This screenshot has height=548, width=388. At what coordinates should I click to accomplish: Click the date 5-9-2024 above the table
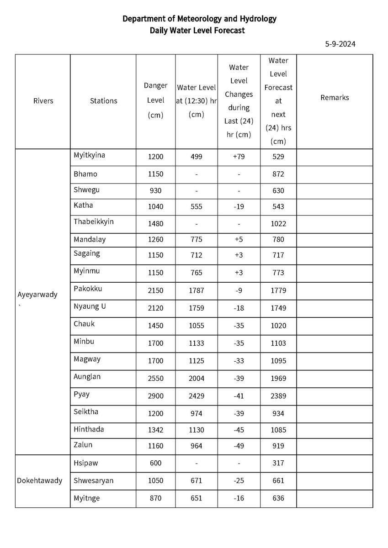click(340, 44)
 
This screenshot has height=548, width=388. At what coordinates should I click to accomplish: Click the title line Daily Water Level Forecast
click(197, 31)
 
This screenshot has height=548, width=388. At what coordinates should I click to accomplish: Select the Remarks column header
click(335, 98)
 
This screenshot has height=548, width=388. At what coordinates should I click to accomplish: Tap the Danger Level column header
click(155, 100)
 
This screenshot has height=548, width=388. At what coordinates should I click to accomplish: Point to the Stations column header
click(103, 101)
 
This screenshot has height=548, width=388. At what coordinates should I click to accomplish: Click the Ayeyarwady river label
click(37, 295)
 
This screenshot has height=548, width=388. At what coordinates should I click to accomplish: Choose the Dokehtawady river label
click(40, 480)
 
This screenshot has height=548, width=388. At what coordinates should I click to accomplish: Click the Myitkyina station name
click(89, 155)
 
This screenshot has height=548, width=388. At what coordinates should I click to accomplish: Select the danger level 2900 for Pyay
click(155, 396)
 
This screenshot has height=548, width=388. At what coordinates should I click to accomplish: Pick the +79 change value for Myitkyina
click(239, 157)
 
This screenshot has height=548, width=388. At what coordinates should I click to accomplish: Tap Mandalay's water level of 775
click(196, 239)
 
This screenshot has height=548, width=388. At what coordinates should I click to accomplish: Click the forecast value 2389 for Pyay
click(278, 396)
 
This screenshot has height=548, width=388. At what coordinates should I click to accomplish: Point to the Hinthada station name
click(89, 429)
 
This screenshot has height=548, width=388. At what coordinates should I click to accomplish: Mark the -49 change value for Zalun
click(239, 446)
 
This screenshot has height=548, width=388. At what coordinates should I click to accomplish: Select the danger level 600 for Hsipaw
click(155, 463)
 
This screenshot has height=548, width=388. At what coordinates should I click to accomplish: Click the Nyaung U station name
click(90, 306)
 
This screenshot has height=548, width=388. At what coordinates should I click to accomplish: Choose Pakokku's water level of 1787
click(196, 290)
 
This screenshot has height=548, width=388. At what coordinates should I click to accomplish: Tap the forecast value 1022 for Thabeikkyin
click(278, 224)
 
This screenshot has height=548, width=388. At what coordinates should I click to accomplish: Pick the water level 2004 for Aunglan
click(196, 378)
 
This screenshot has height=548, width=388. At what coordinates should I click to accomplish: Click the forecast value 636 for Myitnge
click(278, 498)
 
